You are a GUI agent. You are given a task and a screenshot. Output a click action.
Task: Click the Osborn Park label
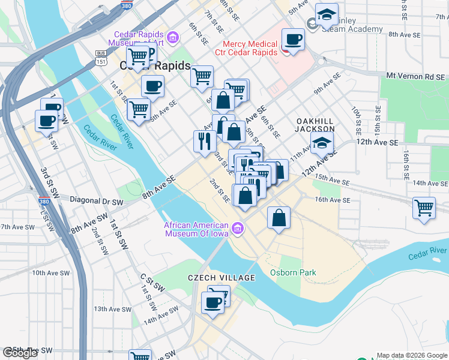tap(292, 273)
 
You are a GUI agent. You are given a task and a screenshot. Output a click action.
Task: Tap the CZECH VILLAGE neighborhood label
tap(221, 278)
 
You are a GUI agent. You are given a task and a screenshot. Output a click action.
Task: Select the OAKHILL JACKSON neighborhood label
tap(315, 125)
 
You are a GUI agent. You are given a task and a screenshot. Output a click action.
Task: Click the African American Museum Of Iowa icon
tap(238, 227)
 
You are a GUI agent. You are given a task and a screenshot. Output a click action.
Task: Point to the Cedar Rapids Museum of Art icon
tap(173, 38)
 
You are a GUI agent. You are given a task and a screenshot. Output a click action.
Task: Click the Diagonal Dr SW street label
tap(96, 203)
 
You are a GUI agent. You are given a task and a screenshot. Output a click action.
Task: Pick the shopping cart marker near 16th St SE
tap(424, 208)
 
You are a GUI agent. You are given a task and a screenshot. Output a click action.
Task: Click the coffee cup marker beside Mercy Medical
tap(293, 40)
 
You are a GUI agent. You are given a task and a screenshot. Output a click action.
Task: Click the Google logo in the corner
tap(20, 353)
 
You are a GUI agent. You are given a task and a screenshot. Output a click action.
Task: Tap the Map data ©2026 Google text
tap(411, 355)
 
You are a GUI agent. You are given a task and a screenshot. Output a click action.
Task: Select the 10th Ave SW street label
tap(48, 272)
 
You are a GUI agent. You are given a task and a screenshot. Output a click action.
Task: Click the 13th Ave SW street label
tap(112, 309)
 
